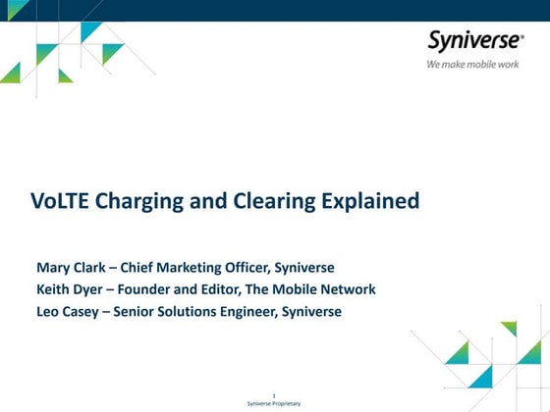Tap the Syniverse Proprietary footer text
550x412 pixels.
[274, 404]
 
